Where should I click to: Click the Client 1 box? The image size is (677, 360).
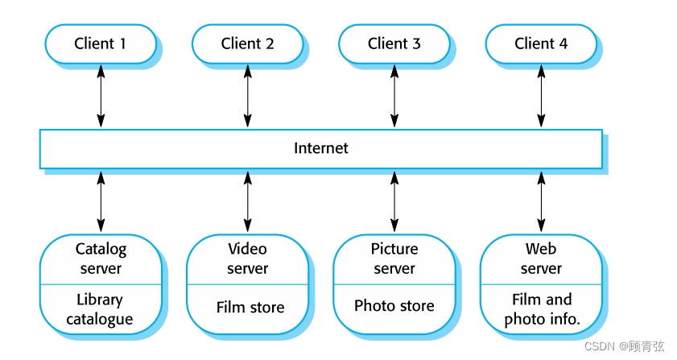100,43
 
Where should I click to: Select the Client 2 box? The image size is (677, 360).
247,43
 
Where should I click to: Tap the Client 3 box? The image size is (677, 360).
394,43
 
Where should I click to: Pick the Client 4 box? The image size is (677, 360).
541,43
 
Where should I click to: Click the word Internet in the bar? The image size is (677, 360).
321,148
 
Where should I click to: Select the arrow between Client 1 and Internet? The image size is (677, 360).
101,96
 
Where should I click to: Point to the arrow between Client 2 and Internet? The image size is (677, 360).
247,96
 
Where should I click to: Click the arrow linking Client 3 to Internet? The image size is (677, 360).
394,96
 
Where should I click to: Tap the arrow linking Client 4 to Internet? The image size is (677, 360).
541,96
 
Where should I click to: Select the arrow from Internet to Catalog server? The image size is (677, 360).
101,201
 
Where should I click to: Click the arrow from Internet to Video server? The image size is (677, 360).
247,201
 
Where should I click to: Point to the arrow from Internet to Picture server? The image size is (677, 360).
394,201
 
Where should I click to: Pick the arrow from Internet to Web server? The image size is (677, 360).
541,201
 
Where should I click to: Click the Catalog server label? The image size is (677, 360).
101,259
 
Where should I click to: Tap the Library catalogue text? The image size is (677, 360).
101,309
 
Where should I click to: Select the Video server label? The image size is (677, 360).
247,259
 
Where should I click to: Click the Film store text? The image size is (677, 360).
250,308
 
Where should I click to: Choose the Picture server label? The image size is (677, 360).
394,259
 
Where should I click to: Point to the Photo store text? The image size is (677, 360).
394,306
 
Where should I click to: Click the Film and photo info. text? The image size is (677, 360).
542,309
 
